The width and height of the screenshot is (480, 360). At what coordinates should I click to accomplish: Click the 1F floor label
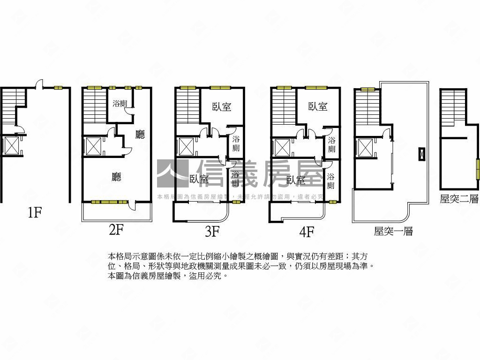[35, 213]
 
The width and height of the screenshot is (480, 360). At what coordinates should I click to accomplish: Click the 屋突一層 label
[393, 231]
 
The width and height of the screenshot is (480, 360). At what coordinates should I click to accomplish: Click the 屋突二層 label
[459, 199]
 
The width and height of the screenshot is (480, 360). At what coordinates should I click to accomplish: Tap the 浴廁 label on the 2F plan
[120, 103]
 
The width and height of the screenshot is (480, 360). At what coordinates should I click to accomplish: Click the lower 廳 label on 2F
[117, 177]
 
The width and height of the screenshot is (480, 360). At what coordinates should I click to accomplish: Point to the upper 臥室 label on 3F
[222, 107]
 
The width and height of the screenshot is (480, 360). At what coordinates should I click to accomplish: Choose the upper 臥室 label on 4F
[317, 106]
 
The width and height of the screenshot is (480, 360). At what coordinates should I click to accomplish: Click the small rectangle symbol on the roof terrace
[422, 154]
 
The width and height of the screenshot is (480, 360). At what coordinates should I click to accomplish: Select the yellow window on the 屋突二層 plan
[478, 168]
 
